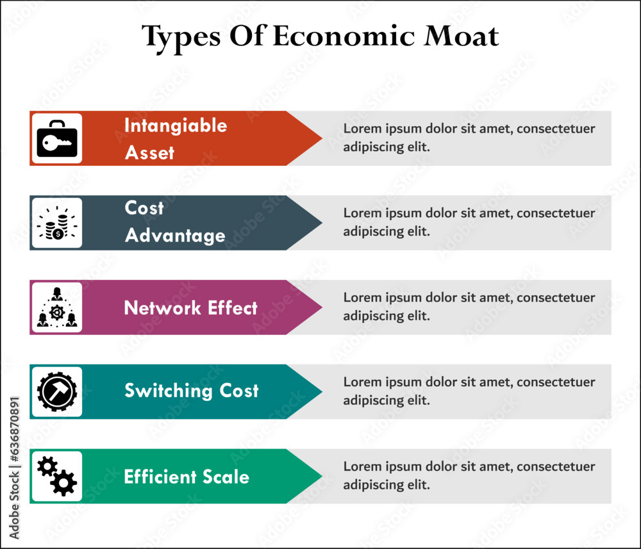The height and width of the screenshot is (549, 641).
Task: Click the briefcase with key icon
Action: (x=57, y=138)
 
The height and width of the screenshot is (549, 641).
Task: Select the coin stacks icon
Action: (x=57, y=223)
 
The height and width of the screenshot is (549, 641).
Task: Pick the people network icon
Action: (x=57, y=307)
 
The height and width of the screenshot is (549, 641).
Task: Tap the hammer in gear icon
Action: (x=57, y=392)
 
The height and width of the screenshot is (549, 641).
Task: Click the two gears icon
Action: (x=57, y=476)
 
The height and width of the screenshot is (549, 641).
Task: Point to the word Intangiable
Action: (x=175, y=125)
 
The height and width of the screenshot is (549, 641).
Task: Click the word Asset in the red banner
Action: (x=149, y=152)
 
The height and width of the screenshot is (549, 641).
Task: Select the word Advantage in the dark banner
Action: (x=175, y=236)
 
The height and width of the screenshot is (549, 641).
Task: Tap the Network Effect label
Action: (x=190, y=308)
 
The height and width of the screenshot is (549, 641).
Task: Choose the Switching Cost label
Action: (x=191, y=391)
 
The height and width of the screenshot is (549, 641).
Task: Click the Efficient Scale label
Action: (x=187, y=477)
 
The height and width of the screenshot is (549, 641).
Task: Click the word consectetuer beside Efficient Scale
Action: (x=556, y=467)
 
